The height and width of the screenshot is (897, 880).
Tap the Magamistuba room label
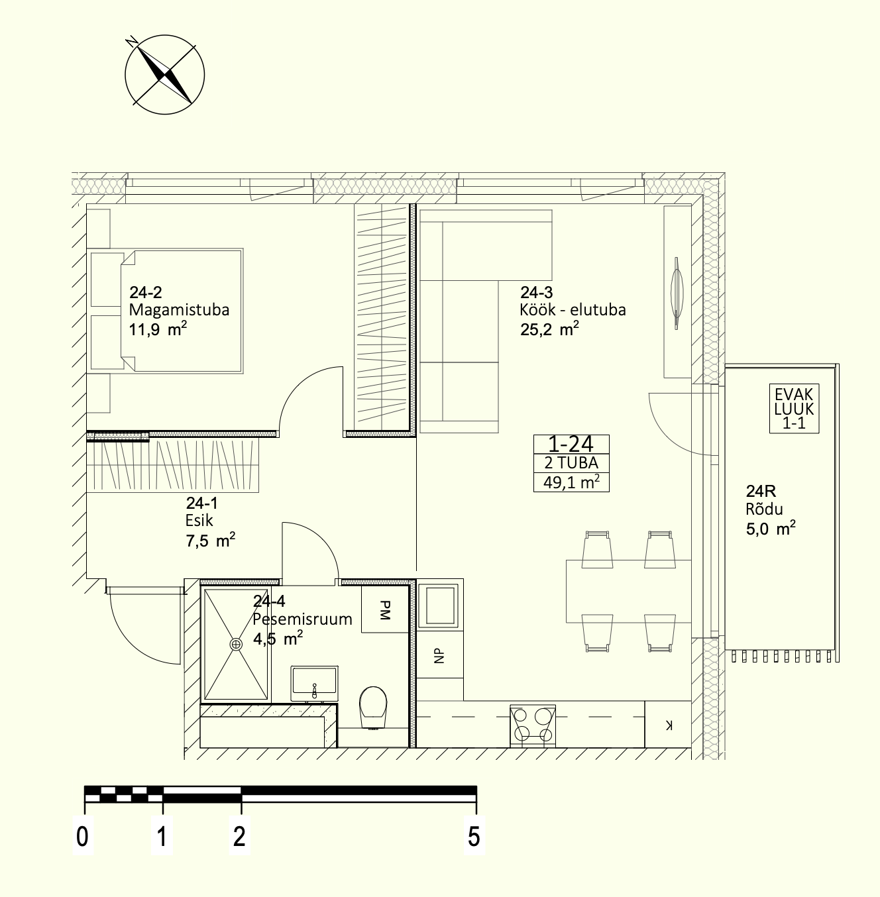pos(180,310)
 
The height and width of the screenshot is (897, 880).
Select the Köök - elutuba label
pos(573,309)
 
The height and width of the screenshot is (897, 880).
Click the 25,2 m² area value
pos(549,329)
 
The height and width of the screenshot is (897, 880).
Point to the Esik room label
pos(199,520)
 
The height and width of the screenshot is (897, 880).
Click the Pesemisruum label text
pos(302,619)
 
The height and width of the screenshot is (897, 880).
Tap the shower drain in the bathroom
pos(237,644)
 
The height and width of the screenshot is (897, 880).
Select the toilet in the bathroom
pos(373,708)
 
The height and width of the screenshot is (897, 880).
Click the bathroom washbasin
pos(314,683)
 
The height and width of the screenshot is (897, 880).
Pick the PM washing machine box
pos(385,609)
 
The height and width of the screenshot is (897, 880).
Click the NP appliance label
pos(439,656)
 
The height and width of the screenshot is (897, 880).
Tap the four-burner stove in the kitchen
pos(533,725)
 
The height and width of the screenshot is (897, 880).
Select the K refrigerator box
pos(668,724)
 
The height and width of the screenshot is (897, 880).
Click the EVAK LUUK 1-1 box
pos(794,409)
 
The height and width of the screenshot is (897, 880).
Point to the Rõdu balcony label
pos(764,509)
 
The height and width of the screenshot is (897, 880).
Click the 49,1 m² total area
pos(571,482)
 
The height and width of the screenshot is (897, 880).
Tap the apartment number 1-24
pos(571,444)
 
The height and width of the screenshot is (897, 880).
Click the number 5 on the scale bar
pos(474,837)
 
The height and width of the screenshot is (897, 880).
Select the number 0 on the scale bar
pos(82,837)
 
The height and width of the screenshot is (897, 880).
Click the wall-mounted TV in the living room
pos(677,293)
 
